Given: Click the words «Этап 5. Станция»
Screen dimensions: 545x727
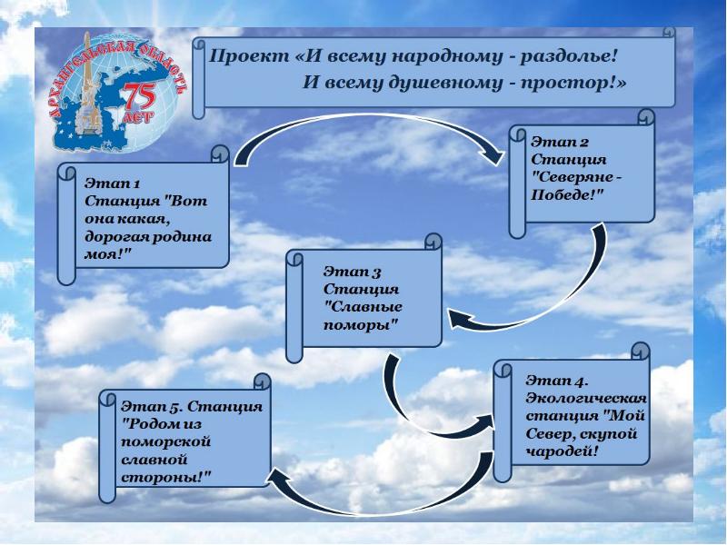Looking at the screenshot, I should (192, 406).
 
